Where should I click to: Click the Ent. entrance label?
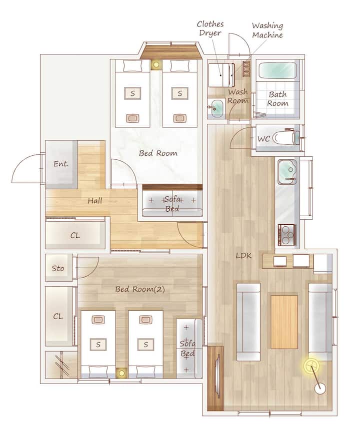coord(61,164)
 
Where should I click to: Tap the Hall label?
coord(95,201)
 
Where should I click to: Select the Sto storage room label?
coord(58,268)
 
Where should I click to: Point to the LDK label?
coord(243,256)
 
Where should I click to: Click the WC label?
coord(264,139)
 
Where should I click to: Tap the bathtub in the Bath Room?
coord(277,71)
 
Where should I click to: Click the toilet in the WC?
coord(286,138)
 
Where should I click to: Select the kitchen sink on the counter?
coord(287,172)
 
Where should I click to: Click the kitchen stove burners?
coord(287,235)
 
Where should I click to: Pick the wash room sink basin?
coord(217,108)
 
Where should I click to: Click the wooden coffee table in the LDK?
coord(284,322)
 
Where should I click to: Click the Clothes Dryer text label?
coord(210,28)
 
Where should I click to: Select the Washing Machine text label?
coord(267,30)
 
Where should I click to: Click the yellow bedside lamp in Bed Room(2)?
coord(121,373)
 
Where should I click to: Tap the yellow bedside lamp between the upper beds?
coord(156,65)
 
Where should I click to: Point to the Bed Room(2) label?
coord(140,289)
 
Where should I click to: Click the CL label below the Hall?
coord(75,235)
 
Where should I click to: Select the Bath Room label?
coord(277,99)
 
